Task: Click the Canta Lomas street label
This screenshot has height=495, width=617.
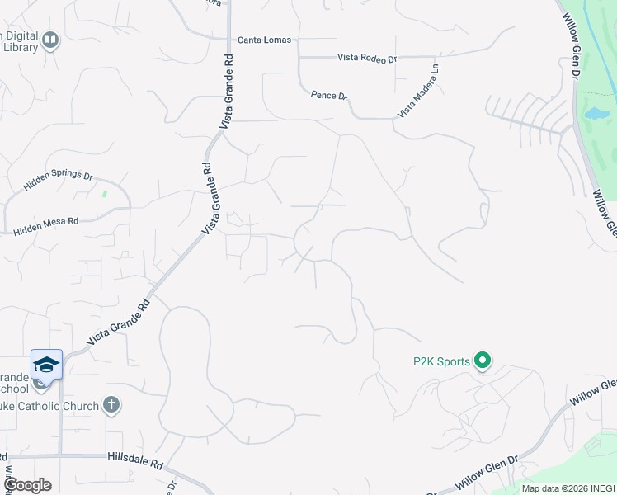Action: click(x=264, y=40)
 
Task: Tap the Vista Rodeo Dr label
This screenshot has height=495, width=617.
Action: click(x=367, y=59)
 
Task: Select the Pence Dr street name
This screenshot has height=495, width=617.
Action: click(x=328, y=96)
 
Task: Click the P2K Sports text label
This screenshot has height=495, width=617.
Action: click(x=441, y=361)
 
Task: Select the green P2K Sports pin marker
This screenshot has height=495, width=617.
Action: click(x=483, y=361)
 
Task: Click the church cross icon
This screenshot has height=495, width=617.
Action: click(x=112, y=406)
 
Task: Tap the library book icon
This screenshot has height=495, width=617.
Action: click(x=51, y=40)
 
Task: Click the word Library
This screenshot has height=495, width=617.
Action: click(x=20, y=48)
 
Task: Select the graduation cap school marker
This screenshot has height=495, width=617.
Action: click(x=47, y=364)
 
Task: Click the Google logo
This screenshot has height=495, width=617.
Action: click(x=27, y=485)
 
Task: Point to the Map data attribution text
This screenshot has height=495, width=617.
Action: click(x=568, y=488)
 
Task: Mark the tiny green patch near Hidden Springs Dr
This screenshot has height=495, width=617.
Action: click(x=105, y=194)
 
